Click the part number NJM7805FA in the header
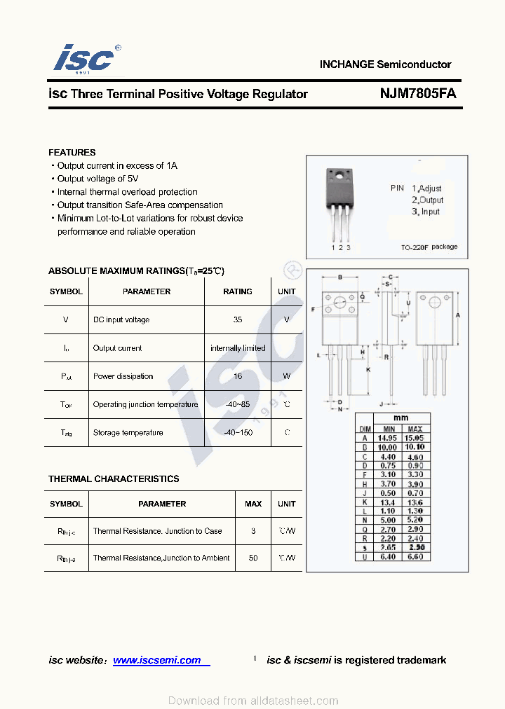[x=418, y=93]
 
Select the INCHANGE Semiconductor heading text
[x=385, y=64]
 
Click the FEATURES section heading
[x=72, y=152]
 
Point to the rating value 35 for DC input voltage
[x=237, y=319]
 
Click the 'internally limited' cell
[x=238, y=348]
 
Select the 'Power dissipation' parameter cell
[x=123, y=376]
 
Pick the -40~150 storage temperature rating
[x=237, y=432]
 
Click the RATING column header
[x=237, y=291]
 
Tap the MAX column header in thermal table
[x=253, y=504]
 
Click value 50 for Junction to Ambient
[x=253, y=558]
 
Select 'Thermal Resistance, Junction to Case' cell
[x=157, y=531]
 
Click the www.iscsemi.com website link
[x=157, y=660]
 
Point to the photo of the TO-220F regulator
[x=339, y=203]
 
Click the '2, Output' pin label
[x=427, y=200]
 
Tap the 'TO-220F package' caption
[x=429, y=247]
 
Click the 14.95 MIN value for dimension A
[x=387, y=438]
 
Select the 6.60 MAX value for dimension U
[x=415, y=557]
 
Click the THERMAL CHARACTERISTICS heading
[x=114, y=479]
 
